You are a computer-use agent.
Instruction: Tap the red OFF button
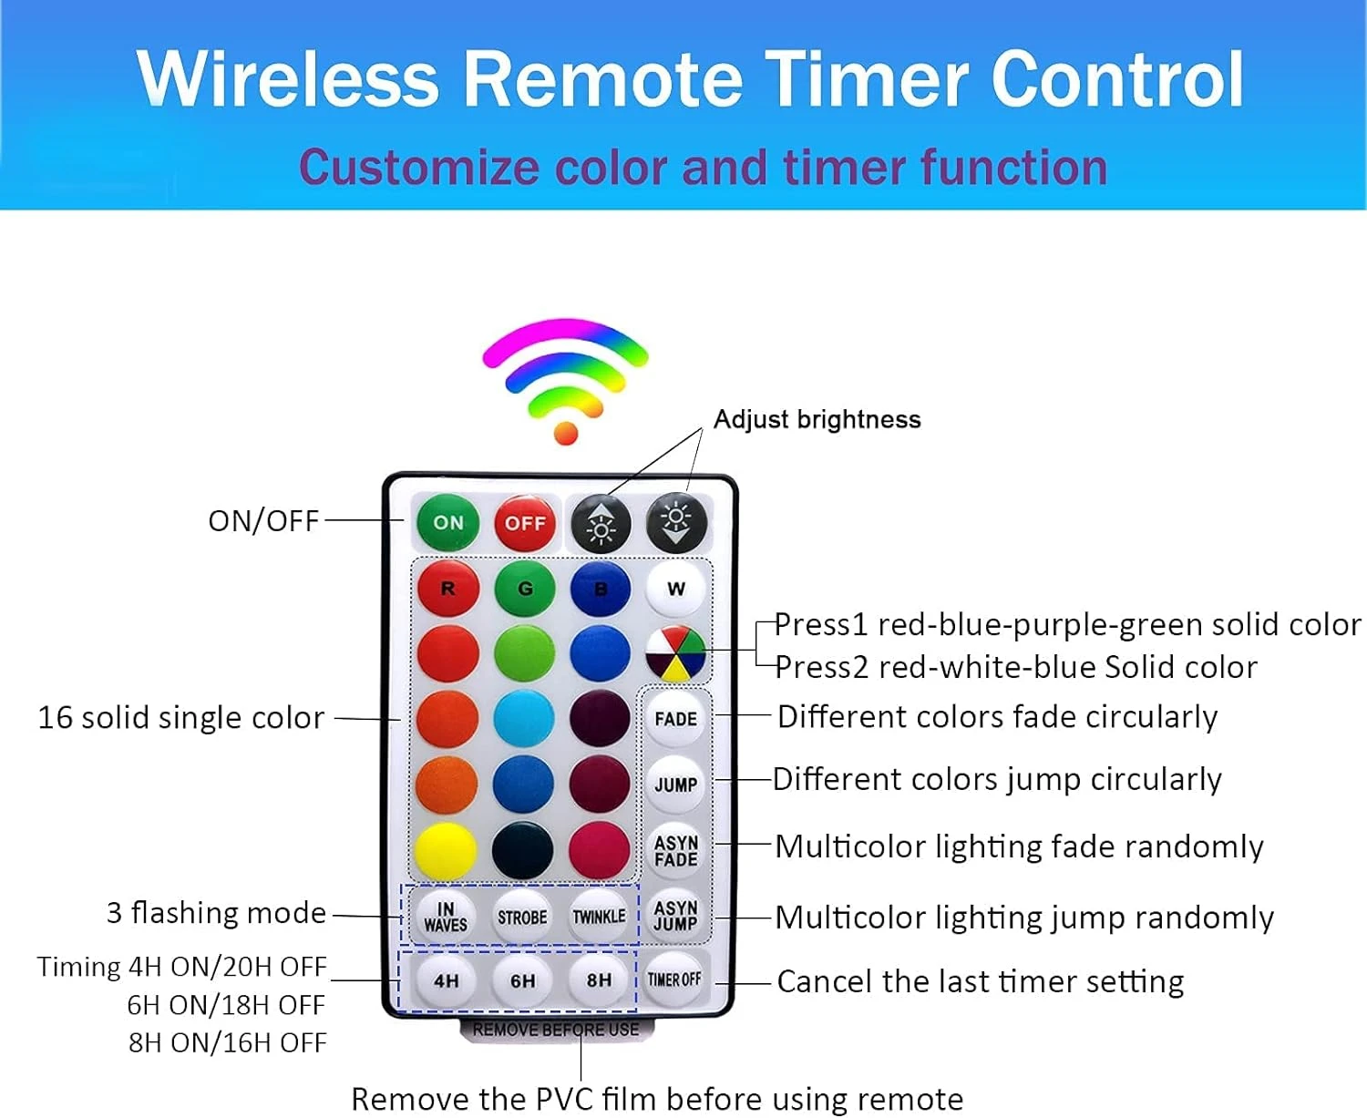click(524, 523)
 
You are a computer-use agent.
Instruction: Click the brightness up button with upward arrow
click(601, 524)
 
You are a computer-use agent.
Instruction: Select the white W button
click(675, 589)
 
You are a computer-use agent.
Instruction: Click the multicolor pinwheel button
click(675, 654)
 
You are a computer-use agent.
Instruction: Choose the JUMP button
click(675, 785)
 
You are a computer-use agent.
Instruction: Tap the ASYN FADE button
click(675, 851)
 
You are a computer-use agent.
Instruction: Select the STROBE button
click(522, 917)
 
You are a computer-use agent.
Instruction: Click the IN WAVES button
click(446, 917)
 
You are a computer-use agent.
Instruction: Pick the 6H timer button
click(522, 980)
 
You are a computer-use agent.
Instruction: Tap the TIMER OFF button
click(674, 980)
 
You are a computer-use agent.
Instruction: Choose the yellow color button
click(446, 850)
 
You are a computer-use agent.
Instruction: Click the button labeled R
click(447, 589)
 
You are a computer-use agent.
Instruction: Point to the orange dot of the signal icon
click(566, 433)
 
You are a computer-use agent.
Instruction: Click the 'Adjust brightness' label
click(817, 420)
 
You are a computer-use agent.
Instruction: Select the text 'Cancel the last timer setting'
click(981, 981)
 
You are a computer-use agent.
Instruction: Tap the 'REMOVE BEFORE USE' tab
click(556, 1030)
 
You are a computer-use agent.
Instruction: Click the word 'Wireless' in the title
click(288, 78)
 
